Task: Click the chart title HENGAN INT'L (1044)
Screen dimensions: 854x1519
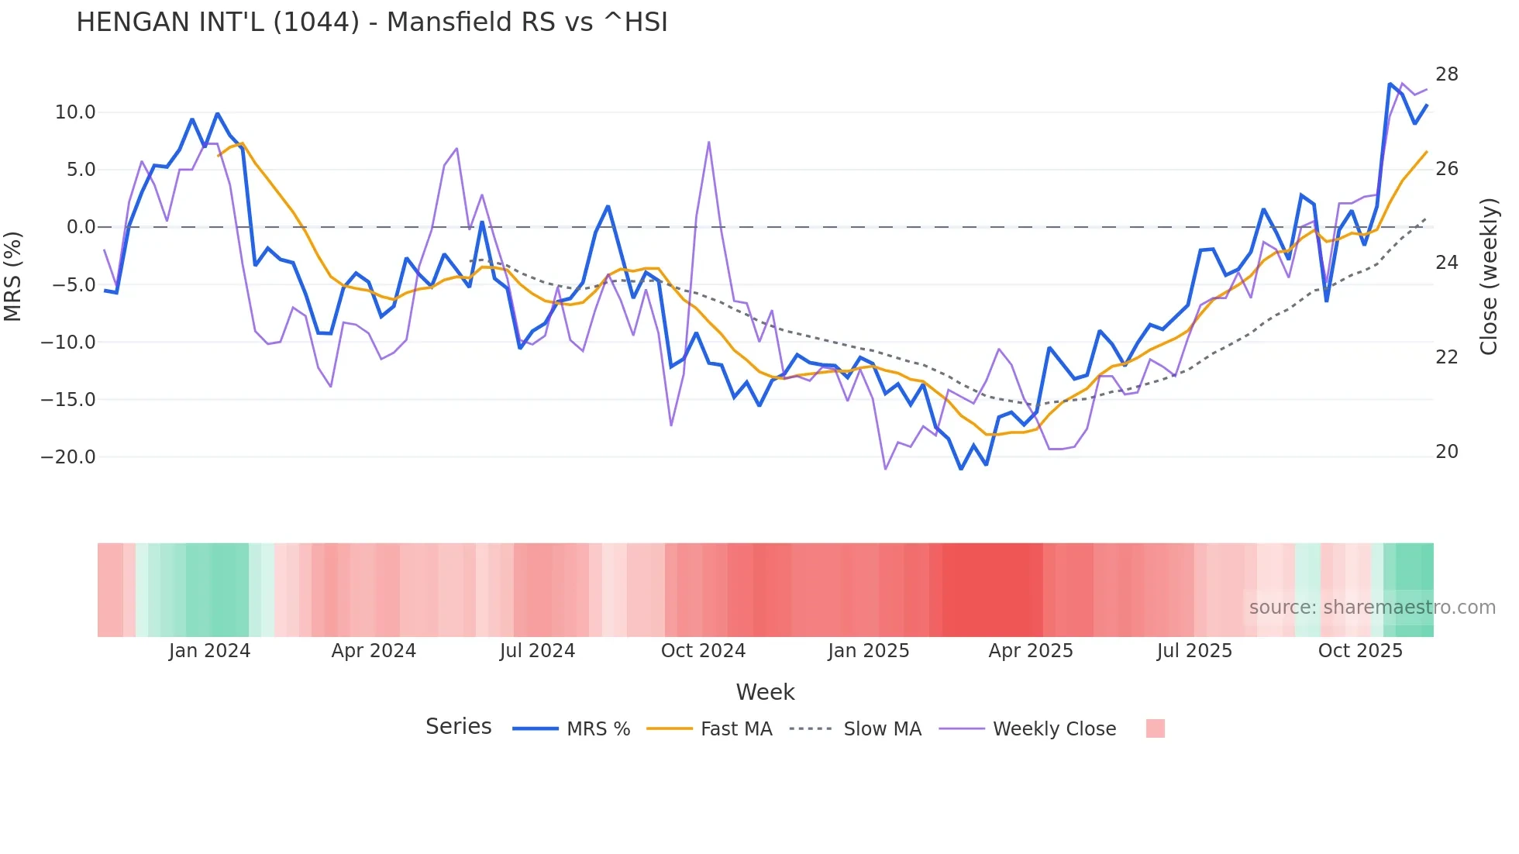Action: pos(372,22)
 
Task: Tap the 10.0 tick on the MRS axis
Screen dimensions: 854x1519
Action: pos(75,112)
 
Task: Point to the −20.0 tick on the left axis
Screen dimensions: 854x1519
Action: pos(68,457)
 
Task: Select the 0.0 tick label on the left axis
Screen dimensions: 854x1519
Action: pos(81,227)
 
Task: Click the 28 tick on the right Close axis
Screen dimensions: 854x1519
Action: pos(1446,74)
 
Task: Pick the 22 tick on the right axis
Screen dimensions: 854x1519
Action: pos(1446,357)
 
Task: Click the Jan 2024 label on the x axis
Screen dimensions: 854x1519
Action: pos(209,651)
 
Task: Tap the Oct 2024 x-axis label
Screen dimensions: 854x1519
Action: pos(703,651)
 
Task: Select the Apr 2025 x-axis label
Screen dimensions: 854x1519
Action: pos(1031,651)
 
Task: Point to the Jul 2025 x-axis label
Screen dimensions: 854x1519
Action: pos(1194,651)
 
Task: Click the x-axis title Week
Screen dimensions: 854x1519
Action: pos(765,692)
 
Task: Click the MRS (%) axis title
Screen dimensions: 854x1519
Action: pos(13,276)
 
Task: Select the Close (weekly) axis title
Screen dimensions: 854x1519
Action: pos(1489,277)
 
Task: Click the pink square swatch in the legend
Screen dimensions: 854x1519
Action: pos(1155,728)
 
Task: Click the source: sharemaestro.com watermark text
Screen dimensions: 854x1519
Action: pos(1372,608)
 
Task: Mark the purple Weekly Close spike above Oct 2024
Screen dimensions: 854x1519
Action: pos(709,143)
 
